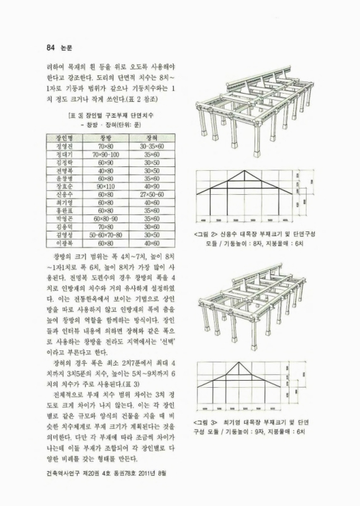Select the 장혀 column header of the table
(151, 137)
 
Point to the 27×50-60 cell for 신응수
(151, 195)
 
